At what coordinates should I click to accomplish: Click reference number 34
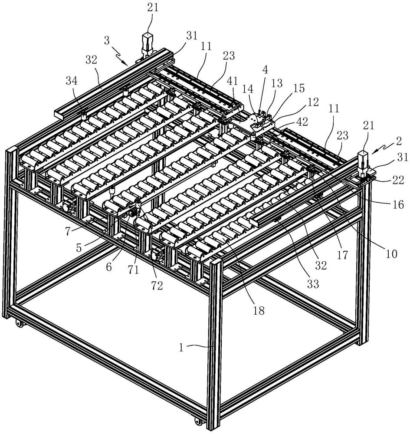(72, 81)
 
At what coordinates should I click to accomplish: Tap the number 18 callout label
(259, 311)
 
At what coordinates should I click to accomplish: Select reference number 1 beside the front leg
(181, 347)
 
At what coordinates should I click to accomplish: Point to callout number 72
(157, 286)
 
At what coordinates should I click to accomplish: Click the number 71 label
(133, 269)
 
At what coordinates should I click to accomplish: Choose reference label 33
(313, 284)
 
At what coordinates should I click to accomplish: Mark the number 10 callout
(391, 253)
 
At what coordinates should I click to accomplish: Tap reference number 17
(342, 255)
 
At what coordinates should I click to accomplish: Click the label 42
(302, 122)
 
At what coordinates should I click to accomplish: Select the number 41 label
(233, 81)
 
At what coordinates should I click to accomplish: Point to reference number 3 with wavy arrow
(107, 41)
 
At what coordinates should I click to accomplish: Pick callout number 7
(68, 231)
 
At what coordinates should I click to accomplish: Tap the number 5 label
(79, 248)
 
